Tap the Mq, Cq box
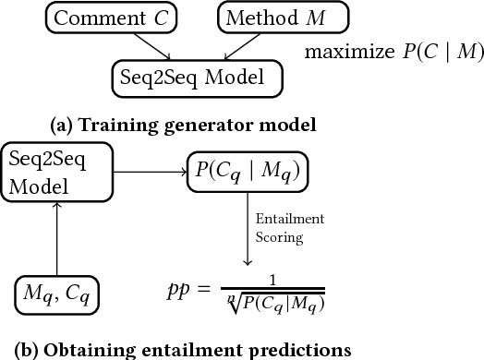[x=57, y=296]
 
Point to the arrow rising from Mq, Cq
[x=57, y=240]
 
